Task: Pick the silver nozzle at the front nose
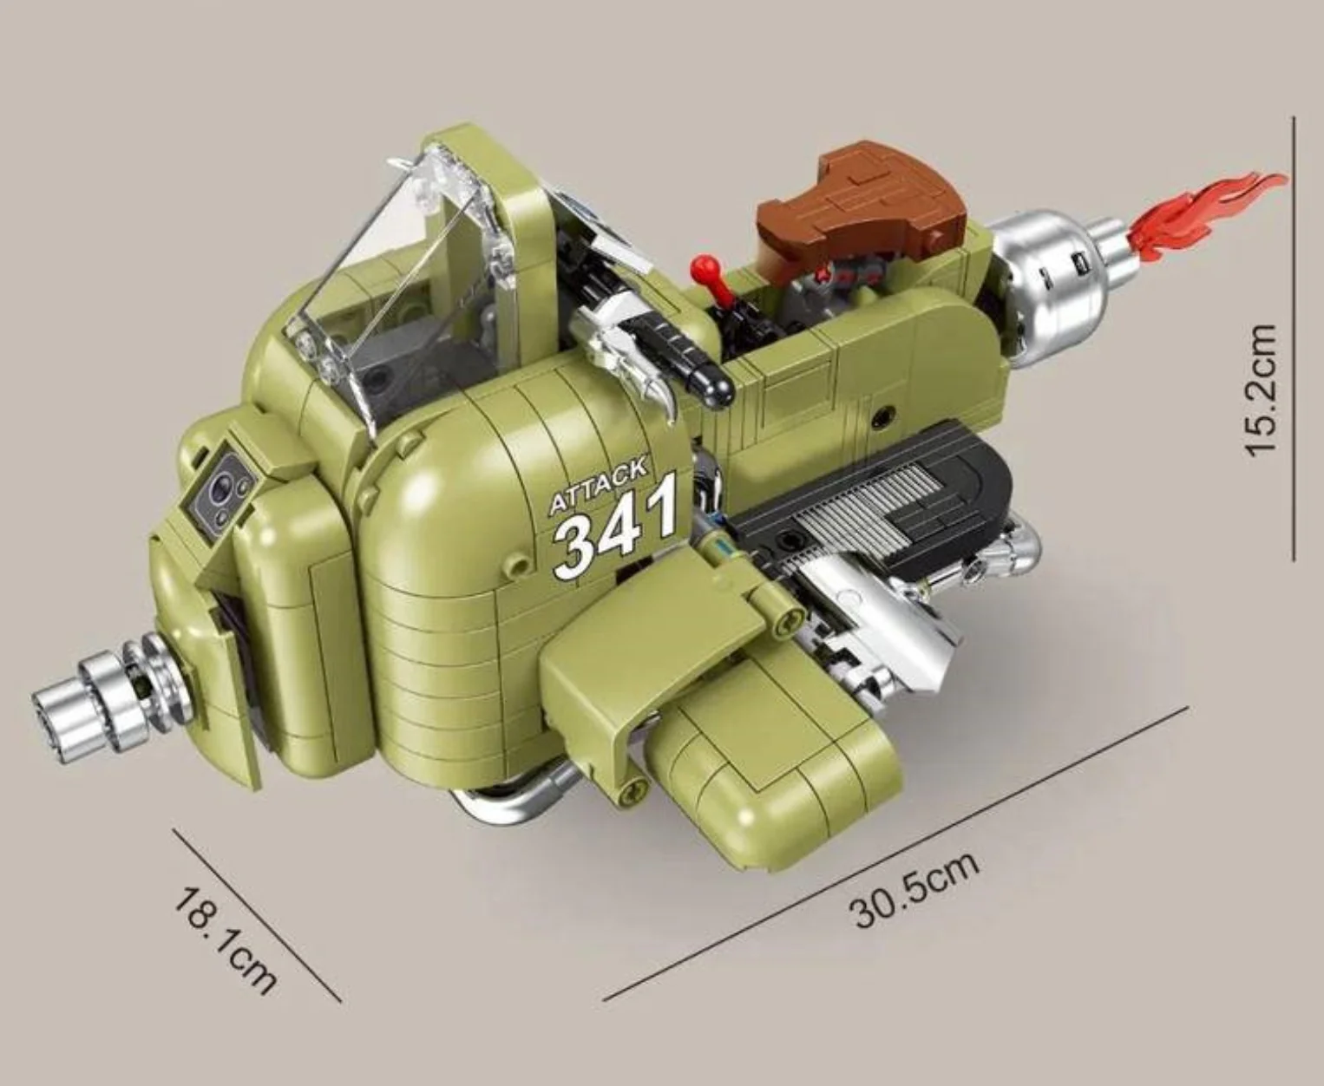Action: click(95, 690)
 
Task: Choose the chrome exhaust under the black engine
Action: click(885, 625)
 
